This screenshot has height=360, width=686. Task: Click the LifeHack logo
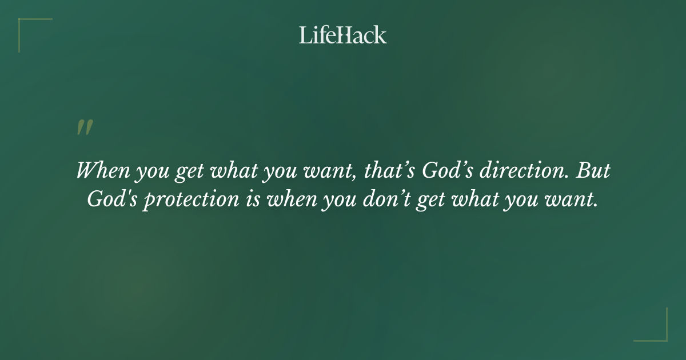343,35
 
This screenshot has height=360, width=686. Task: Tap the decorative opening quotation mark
84,127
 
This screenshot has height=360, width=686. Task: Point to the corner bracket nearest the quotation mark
34,34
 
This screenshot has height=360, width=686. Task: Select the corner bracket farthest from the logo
651,325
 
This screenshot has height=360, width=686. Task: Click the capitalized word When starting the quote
101,171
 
